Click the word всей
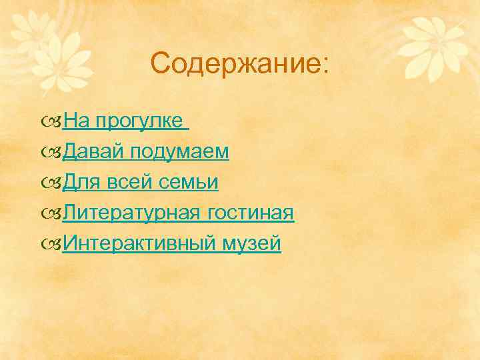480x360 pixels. [131, 183]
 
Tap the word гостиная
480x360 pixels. [251, 213]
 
